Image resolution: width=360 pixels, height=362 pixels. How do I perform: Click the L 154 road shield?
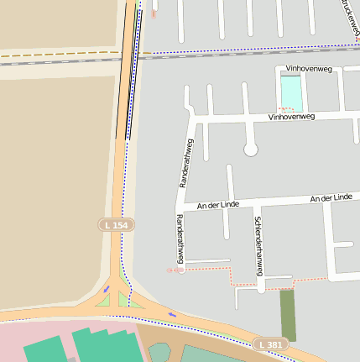(116, 225)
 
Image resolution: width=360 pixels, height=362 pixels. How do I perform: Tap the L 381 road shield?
(270, 344)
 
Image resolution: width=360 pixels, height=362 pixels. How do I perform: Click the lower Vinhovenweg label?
(291, 117)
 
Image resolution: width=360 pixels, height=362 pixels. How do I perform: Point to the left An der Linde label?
(218, 204)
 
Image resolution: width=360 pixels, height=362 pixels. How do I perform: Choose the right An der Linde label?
(331, 197)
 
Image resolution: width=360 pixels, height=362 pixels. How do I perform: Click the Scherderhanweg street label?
(259, 245)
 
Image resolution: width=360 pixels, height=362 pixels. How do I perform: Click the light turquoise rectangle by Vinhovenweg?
(291, 92)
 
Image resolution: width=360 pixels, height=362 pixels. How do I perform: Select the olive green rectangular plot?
(288, 315)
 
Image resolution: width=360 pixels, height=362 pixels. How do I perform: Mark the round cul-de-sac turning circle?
(250, 150)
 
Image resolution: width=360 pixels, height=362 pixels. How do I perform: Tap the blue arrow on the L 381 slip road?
(172, 315)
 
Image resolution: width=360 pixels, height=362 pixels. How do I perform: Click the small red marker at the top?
(154, 13)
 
